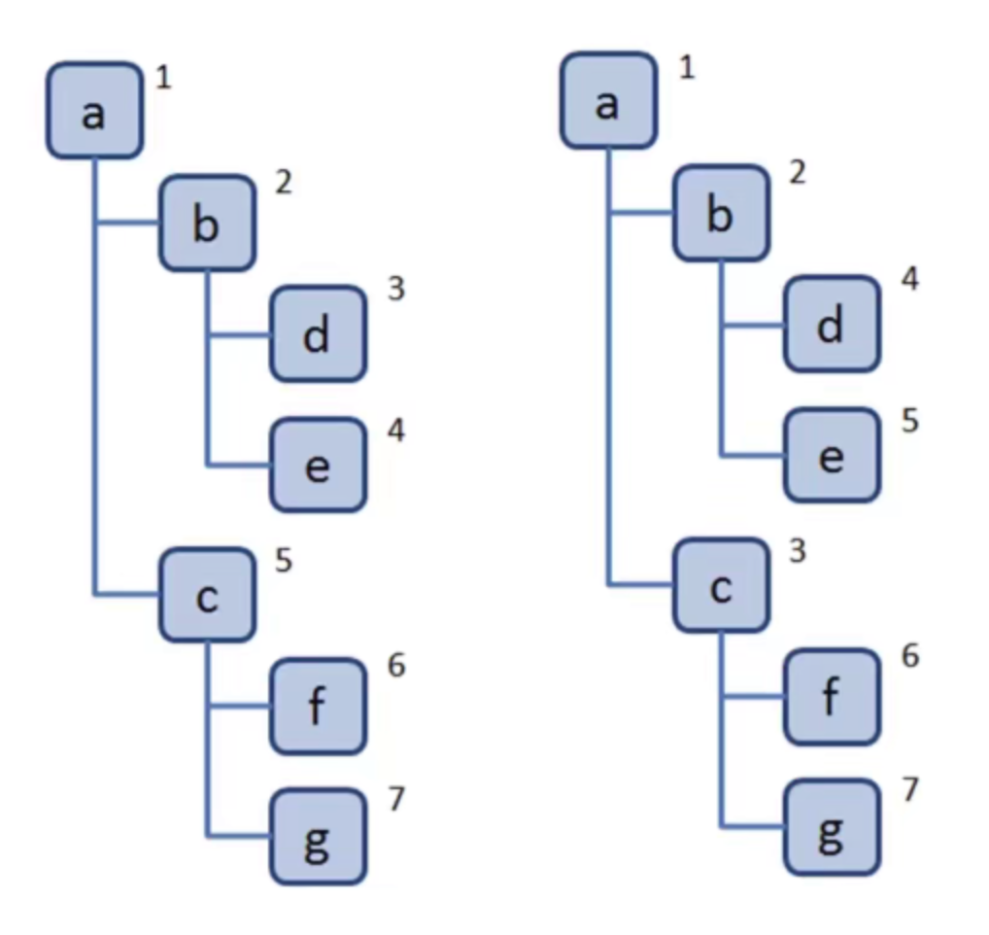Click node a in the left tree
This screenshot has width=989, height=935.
click(x=94, y=111)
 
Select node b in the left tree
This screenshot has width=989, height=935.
click(x=207, y=223)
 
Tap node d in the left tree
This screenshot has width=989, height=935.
click(x=318, y=333)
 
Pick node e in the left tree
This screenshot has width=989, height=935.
click(x=318, y=465)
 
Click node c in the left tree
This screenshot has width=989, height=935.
click(x=207, y=595)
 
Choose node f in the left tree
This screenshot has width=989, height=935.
click(x=318, y=707)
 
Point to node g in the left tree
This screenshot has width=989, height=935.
click(x=318, y=838)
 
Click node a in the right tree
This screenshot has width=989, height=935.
click(x=608, y=101)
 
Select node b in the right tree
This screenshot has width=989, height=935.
click(x=720, y=213)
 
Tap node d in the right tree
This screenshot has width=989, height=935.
click(x=831, y=324)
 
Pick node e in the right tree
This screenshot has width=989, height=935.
click(x=831, y=455)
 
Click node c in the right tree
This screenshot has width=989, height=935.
click(x=720, y=586)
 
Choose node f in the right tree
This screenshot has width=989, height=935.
click(x=831, y=697)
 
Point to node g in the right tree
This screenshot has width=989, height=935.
click(x=831, y=829)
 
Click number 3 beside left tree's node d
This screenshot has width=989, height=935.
click(x=395, y=289)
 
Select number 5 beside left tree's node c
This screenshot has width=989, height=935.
click(x=284, y=561)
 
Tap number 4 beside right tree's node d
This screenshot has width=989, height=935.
click(x=909, y=280)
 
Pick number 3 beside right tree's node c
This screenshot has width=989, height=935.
click(x=798, y=551)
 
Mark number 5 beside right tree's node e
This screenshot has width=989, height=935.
click(x=909, y=421)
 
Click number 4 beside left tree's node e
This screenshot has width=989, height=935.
click(x=395, y=430)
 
